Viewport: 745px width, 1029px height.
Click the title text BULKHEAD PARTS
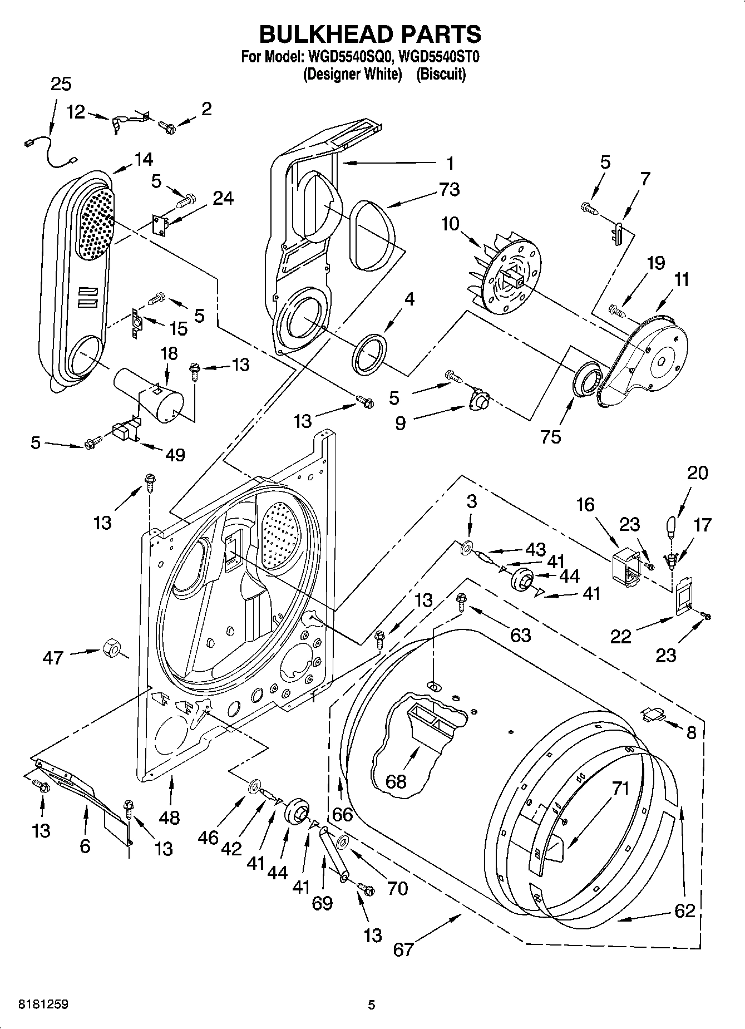coord(370,35)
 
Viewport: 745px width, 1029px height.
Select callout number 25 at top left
coord(61,84)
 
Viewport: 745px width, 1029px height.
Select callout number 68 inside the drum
coord(396,781)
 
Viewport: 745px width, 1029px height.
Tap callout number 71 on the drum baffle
coord(620,789)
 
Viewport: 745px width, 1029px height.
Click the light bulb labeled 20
coord(671,526)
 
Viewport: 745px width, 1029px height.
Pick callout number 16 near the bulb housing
coord(585,505)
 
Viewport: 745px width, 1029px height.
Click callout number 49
coord(175,455)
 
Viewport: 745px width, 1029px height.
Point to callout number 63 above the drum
coord(520,634)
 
